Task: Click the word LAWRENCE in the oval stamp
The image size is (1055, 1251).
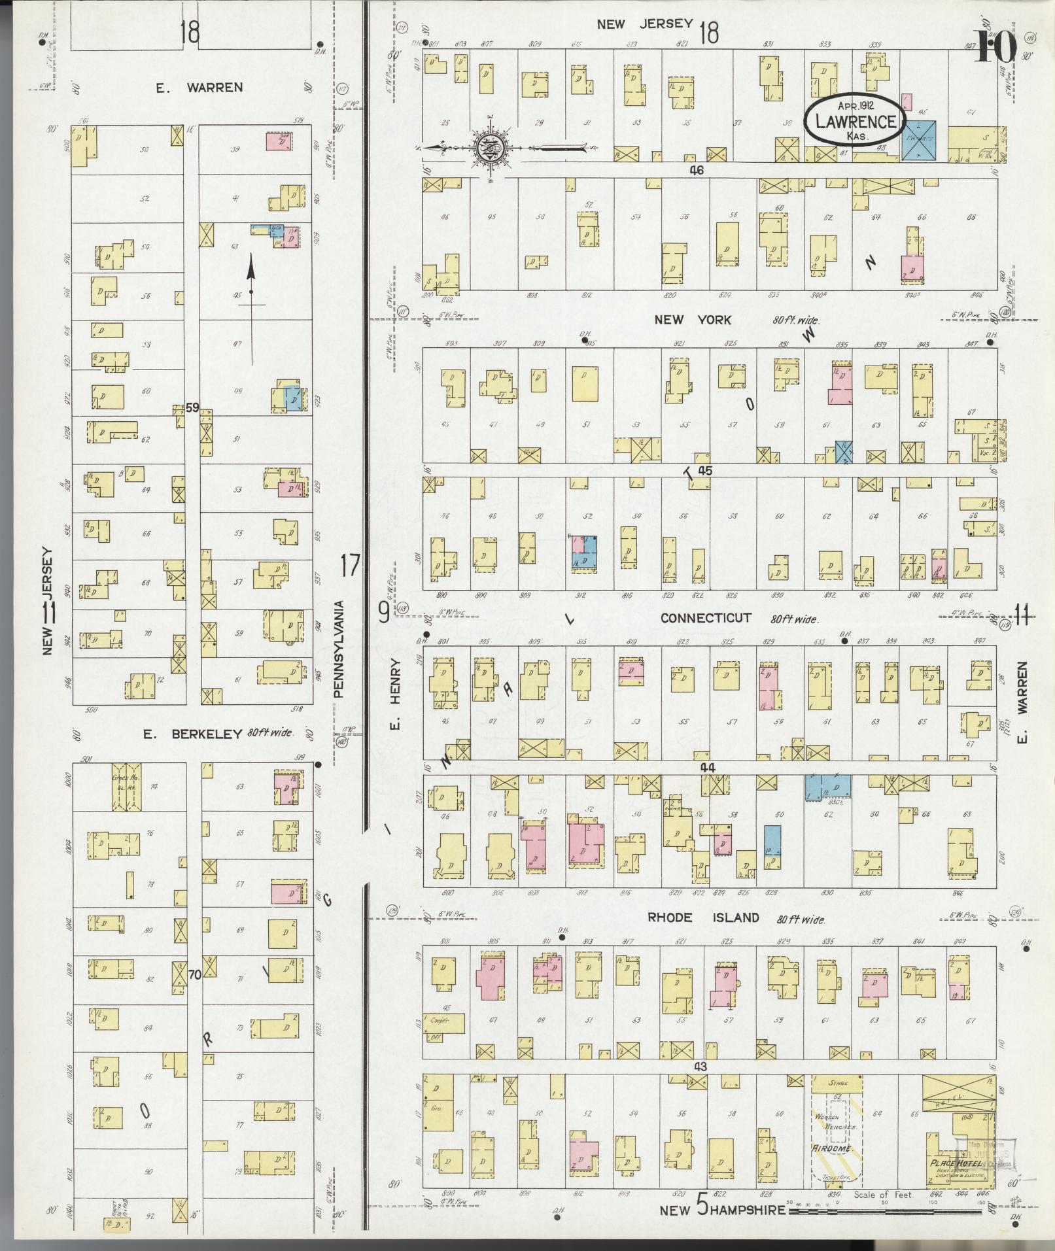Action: tap(856, 122)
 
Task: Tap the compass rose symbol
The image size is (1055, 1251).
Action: tap(489, 148)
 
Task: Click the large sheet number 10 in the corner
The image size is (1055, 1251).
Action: tap(996, 47)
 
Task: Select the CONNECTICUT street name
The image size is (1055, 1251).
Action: tap(705, 618)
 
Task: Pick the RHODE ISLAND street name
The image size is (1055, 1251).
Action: tap(703, 917)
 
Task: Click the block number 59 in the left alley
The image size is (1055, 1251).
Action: tap(192, 407)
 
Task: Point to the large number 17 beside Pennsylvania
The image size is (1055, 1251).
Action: tap(350, 564)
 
